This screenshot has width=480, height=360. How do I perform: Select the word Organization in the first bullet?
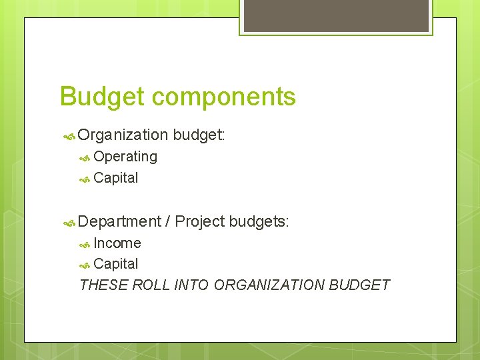(x=123, y=135)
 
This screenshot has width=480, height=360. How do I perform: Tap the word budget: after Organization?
(x=199, y=135)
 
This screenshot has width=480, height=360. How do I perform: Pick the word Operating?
(x=125, y=157)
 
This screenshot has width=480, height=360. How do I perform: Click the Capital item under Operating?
(x=116, y=178)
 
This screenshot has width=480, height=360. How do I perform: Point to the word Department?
(x=119, y=221)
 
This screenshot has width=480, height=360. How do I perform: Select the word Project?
(x=199, y=221)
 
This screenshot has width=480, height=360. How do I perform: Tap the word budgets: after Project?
(x=259, y=221)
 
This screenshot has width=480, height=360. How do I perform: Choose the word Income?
(x=117, y=243)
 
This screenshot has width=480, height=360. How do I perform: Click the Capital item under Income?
(x=116, y=264)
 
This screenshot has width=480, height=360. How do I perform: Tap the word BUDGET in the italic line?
(x=360, y=285)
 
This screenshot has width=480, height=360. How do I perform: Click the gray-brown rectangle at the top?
(x=335, y=15)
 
